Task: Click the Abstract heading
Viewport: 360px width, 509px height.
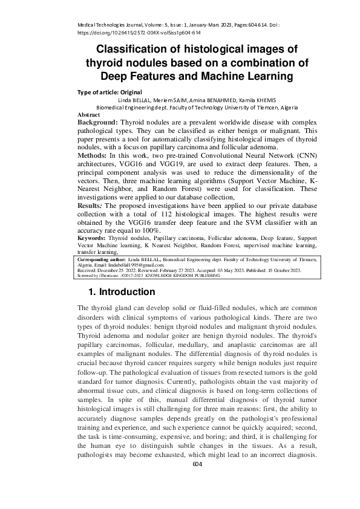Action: click(x=88, y=114)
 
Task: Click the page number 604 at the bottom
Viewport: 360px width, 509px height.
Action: click(x=197, y=464)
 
